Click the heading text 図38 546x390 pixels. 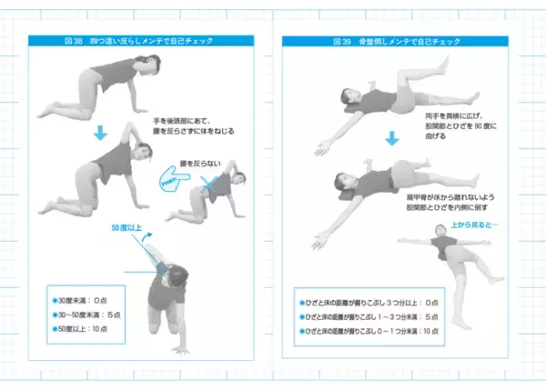point(72,42)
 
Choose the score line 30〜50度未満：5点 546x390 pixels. point(91,314)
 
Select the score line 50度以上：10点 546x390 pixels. point(87,329)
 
